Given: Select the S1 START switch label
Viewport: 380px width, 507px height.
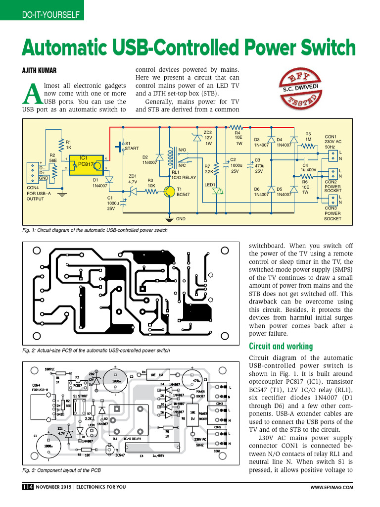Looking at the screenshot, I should point(132,146).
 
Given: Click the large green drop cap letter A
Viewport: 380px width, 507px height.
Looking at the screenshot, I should point(32,94).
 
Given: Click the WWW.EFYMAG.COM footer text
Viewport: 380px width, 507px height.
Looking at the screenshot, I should point(332,487).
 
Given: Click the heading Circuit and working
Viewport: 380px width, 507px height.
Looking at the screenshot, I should point(281,346).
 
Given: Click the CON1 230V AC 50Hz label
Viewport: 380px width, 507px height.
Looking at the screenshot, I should point(332,142).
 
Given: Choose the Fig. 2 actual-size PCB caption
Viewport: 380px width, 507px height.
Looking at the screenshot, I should point(96,351).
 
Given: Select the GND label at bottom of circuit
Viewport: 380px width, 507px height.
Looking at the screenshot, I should point(181,218).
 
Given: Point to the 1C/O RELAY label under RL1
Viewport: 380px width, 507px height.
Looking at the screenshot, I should point(184,177).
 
